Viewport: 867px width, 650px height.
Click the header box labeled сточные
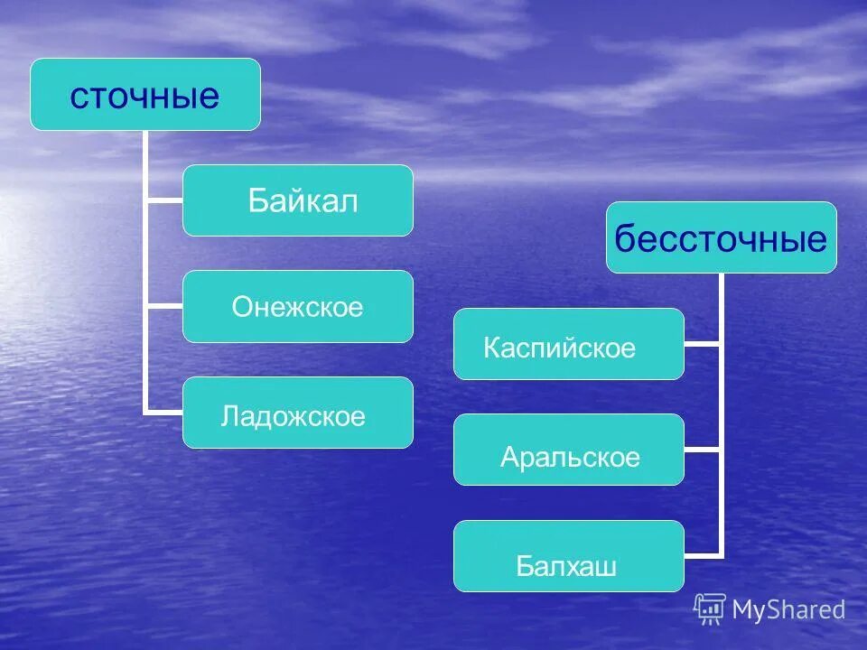144,95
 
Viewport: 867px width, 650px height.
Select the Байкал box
298,200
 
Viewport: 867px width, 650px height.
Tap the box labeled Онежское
298,307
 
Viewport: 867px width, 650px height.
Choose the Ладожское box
298,413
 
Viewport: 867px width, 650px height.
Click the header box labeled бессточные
721,237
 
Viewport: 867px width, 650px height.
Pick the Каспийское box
568,344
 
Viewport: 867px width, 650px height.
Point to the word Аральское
570,458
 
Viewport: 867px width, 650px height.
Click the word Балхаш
566,566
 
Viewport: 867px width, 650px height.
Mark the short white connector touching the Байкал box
164,200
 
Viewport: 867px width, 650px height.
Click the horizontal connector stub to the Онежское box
164,307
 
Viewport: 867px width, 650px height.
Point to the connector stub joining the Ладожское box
164,413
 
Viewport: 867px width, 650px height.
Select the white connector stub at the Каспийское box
703,344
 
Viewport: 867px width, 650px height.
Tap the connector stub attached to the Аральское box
703,450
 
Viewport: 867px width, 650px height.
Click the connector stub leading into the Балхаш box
703,555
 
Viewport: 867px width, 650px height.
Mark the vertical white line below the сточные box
145,271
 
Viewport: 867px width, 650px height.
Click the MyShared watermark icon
710,609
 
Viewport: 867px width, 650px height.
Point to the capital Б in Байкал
258,201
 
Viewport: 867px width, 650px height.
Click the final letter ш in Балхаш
607,567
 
